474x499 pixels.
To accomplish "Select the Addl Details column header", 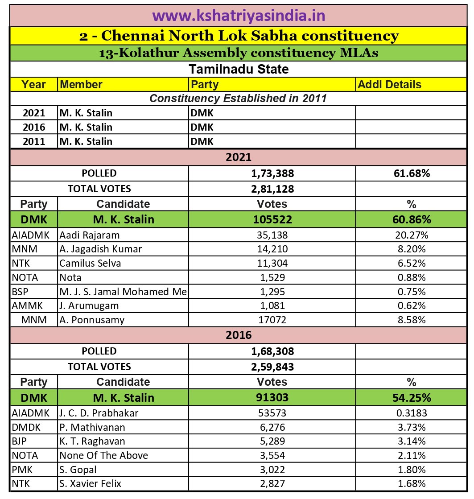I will point(389,84).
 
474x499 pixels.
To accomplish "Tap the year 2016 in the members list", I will point(34,127).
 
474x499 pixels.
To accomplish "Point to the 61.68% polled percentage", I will point(411,173).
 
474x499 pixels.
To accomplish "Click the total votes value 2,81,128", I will point(272,189).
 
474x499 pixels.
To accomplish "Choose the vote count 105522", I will point(272,219).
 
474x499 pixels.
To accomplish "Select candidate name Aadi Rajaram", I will point(90,235).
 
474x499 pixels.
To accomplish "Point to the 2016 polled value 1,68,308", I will point(272,351).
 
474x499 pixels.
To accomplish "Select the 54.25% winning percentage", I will point(411,397).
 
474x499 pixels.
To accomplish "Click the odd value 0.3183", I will point(411,413).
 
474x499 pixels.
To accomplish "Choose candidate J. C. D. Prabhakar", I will point(99,413).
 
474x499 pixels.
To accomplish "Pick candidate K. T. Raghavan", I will point(92,441).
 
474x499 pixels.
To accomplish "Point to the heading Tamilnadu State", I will point(239,70).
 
